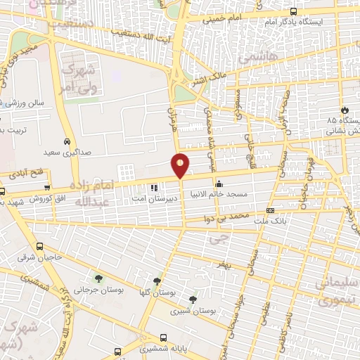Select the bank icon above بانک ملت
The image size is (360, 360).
pos(271,210)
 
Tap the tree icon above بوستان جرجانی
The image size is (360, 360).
pos(98,278)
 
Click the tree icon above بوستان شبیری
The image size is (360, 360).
pos(193,300)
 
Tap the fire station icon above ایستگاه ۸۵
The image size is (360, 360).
pos(345,110)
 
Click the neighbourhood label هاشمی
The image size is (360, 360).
pos(258,54)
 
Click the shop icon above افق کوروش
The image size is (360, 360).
pos(47,188)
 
